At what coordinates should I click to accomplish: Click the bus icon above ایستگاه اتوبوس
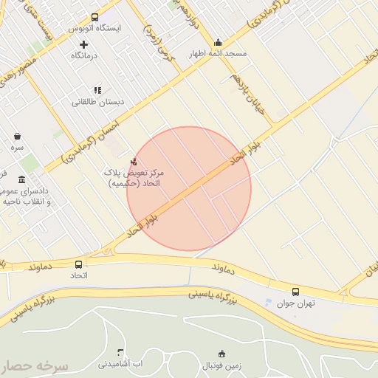94,17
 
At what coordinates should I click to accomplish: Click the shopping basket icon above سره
17,136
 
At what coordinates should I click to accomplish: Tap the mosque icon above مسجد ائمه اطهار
218,43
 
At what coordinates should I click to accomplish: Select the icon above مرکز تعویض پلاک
134,162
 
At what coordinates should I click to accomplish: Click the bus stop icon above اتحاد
79,264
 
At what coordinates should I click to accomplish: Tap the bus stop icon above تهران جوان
296,292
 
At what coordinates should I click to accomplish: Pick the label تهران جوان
296,303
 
